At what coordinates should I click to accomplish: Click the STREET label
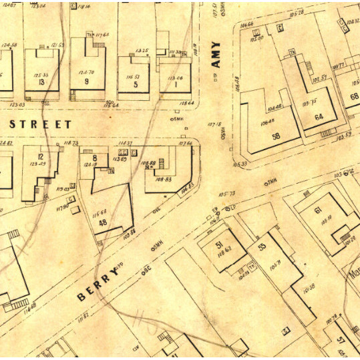coord(40,124)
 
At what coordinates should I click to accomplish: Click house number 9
coord(87,81)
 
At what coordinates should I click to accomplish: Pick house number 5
coord(136,85)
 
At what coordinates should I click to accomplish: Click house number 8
coord(96,158)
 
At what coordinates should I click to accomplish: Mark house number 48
coord(102,222)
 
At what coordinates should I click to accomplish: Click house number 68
coord(354,96)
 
